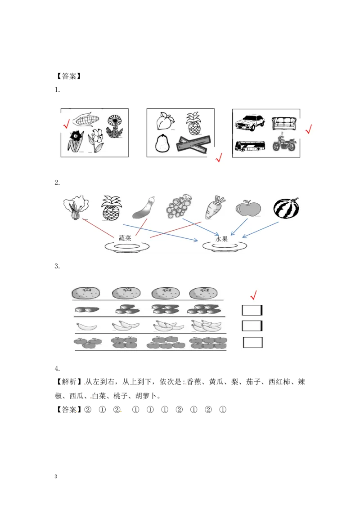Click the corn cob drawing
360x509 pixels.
click(85, 120)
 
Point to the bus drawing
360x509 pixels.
click(249, 146)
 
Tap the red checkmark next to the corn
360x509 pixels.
click(66, 124)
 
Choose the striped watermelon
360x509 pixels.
click(286, 208)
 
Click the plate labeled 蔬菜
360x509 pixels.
click(127, 246)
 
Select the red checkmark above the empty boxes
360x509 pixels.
click(253, 295)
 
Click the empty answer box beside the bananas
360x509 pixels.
click(252, 326)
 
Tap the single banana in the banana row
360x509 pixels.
click(85, 326)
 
